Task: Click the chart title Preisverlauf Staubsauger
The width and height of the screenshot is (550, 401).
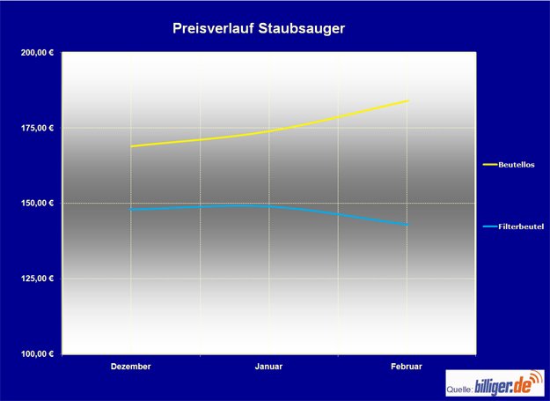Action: pyautogui.click(x=259, y=28)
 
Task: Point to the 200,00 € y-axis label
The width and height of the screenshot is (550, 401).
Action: pyautogui.click(x=37, y=53)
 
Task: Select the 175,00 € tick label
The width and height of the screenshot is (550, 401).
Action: pyautogui.click(x=37, y=129)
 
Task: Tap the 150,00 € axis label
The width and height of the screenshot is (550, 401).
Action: pyautogui.click(x=37, y=204)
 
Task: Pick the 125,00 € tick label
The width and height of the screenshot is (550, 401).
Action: pyautogui.click(x=37, y=278)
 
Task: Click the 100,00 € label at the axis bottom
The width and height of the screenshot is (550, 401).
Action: pyautogui.click(x=37, y=354)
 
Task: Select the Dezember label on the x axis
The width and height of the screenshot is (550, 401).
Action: pyautogui.click(x=131, y=366)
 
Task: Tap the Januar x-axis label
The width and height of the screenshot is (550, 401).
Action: pyautogui.click(x=268, y=366)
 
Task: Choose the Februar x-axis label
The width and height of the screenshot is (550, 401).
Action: pyautogui.click(x=407, y=366)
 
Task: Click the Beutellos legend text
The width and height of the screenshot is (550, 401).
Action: pyautogui.click(x=517, y=164)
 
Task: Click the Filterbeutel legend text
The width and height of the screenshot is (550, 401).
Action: pyautogui.click(x=520, y=226)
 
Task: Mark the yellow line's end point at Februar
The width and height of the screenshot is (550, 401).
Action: pyautogui.click(x=408, y=100)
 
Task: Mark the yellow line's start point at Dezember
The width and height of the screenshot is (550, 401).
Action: pyautogui.click(x=131, y=146)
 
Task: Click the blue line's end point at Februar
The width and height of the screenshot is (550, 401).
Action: pyautogui.click(x=408, y=225)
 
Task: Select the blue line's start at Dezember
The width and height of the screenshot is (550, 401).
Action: pyautogui.click(x=131, y=210)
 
